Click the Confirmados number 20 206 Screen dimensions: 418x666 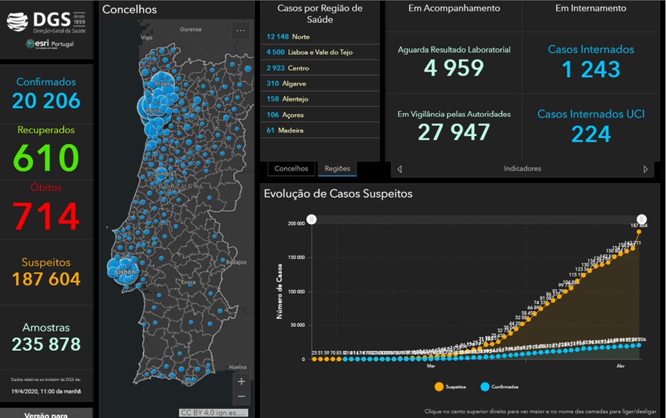coord(46,101)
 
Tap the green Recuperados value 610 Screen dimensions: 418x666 coord(46,158)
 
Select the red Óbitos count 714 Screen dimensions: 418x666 coord(46,216)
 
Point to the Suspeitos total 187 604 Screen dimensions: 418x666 coord(46,279)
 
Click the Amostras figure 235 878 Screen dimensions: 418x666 coord(46,344)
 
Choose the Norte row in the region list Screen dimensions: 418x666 coord(320,37)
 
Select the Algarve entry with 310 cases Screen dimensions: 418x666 coord(320,83)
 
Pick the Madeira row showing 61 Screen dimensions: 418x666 coord(320,130)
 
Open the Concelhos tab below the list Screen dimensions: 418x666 coord(291,169)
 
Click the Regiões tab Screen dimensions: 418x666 coord(337,169)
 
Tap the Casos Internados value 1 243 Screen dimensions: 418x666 coord(590,69)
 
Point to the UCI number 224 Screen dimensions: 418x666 coord(590,134)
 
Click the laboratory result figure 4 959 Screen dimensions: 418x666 coord(454,68)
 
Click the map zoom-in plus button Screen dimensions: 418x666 coord(242,382)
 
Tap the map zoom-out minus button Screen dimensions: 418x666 coord(242,396)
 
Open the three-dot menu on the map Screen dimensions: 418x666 coord(241,30)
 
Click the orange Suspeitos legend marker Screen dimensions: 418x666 coord(440,386)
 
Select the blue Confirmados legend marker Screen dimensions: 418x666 coord(485,386)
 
